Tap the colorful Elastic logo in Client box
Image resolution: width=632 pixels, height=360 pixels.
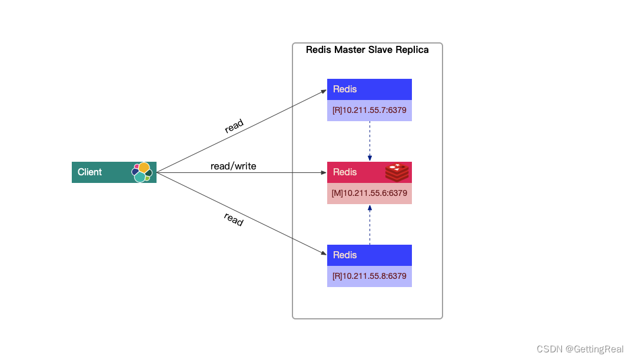tap(142, 172)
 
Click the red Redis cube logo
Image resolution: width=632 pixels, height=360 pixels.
tap(397, 172)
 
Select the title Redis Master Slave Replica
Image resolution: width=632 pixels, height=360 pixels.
tap(367, 50)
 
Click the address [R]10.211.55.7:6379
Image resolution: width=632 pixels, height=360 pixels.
tap(369, 110)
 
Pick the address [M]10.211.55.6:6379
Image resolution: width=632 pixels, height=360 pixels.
tap(369, 193)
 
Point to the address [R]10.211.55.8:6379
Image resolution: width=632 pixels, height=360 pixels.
tap(369, 276)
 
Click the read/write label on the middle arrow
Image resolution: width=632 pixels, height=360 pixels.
tap(233, 166)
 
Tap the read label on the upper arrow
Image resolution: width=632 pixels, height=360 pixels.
tap(234, 126)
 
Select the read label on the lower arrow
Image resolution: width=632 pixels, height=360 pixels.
tap(234, 219)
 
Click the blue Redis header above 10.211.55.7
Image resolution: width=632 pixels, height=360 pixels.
tap(369, 89)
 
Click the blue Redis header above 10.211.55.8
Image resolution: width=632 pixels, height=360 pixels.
tap(369, 255)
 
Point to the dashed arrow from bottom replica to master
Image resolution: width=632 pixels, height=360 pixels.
tap(370, 225)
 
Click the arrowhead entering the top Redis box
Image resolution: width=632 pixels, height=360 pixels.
tap(324, 91)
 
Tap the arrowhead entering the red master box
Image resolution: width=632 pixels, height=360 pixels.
tap(324, 173)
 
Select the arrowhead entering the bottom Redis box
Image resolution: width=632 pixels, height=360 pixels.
tap(324, 254)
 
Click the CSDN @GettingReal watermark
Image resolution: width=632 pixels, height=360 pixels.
tap(579, 349)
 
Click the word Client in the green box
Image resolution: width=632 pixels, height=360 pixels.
tap(89, 172)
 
